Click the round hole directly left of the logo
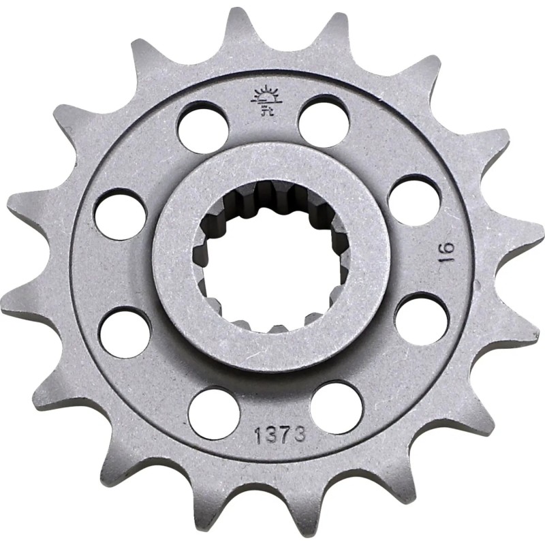coord(202,123)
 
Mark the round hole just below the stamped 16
coord(419,318)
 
